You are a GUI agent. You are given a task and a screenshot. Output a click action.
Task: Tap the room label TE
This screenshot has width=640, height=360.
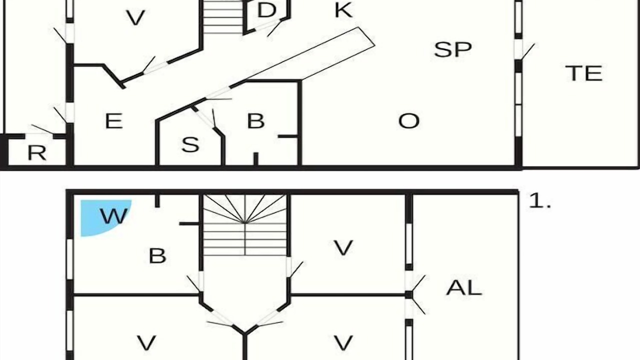click(583, 73)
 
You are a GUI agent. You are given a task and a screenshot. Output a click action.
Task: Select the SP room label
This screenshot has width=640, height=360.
click(453, 49)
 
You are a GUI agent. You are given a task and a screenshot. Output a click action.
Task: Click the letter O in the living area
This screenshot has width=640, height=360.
click(409, 121)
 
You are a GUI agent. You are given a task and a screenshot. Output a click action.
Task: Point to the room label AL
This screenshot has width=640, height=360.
click(463, 287)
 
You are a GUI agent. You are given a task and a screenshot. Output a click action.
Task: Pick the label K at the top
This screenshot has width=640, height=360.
click(343, 10)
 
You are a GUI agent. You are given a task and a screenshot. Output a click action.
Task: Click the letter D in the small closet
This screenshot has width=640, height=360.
click(266, 10)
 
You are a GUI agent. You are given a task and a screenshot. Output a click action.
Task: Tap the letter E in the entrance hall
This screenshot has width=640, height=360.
click(114, 121)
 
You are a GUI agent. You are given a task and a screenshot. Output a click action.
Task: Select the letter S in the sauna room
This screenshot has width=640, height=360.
click(190, 144)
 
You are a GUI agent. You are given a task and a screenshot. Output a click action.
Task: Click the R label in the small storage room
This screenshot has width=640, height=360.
click(37, 153)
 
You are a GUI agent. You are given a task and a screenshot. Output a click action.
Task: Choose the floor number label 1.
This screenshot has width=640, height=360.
click(539, 201)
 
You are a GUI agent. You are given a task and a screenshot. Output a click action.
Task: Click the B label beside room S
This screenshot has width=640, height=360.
click(255, 121)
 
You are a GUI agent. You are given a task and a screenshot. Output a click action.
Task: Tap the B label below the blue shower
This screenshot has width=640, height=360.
click(157, 255)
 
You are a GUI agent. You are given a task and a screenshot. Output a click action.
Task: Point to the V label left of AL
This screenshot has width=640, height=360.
click(343, 248)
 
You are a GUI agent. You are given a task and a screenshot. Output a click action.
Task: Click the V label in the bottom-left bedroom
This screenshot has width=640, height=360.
click(146, 342)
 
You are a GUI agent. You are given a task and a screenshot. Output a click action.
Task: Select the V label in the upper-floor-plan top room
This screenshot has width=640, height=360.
click(135, 17)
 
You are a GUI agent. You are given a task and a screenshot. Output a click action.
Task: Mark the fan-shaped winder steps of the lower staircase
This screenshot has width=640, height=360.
click(245, 209)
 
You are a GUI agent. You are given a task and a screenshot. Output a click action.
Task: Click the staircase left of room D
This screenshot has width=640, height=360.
click(223, 17)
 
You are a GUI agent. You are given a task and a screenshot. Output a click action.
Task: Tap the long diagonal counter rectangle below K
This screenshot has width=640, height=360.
click(310, 53)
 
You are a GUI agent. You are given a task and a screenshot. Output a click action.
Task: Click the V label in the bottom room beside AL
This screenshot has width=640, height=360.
click(343, 342)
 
